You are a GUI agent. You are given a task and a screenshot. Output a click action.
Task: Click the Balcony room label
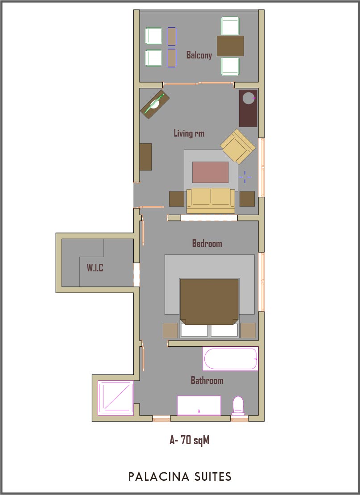[x=199, y=55]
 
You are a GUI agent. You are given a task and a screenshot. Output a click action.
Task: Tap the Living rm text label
[x=189, y=133]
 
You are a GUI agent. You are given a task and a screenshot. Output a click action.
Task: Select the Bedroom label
[x=207, y=243]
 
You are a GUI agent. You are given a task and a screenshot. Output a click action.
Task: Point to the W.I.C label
[x=95, y=268]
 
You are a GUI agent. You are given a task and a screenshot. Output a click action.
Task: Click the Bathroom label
[x=207, y=380]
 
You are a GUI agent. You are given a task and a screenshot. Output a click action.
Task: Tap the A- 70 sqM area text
[x=189, y=440]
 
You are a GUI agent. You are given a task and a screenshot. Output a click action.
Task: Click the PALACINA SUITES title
[x=180, y=476]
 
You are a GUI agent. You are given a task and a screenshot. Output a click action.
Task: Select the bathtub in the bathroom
[x=230, y=358]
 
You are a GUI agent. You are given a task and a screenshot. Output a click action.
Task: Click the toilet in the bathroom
[x=238, y=406]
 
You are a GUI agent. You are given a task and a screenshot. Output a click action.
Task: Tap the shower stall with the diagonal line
[x=116, y=398]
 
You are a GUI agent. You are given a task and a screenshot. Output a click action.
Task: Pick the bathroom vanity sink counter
[x=199, y=405]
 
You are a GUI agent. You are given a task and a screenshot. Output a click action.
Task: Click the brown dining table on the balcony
[x=230, y=46]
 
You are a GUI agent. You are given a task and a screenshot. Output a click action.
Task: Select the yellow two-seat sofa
[x=211, y=201]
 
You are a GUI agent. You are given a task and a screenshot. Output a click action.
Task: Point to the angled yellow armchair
[x=238, y=146]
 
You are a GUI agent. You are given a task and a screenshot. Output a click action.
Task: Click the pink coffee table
[x=211, y=172]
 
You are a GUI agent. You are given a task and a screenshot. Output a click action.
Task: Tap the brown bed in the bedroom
[x=209, y=302]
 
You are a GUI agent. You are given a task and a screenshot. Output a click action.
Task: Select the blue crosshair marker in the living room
[x=244, y=177]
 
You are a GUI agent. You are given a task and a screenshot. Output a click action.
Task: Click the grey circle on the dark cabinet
[x=248, y=98]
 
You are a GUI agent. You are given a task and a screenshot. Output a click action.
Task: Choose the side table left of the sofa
[x=177, y=199]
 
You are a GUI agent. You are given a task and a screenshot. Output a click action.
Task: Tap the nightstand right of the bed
[x=248, y=331]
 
